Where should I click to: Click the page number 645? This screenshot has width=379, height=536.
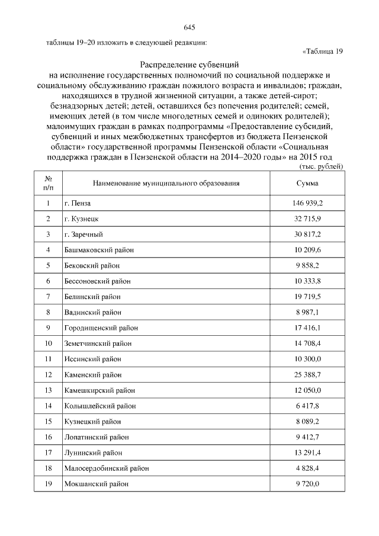click(189, 28)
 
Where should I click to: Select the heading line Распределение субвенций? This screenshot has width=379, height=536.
click(189, 65)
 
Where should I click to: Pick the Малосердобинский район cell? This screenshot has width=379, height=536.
click(106, 468)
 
